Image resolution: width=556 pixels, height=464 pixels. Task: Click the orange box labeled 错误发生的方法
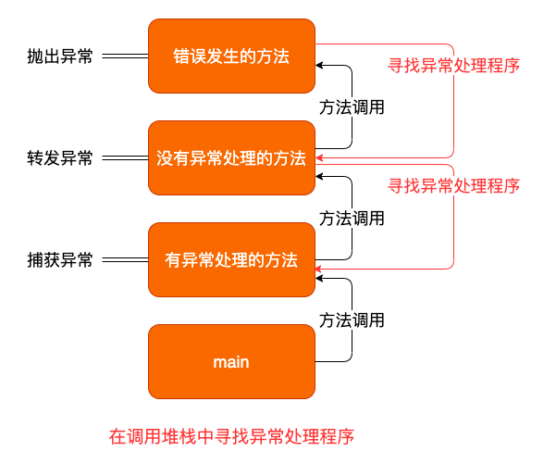231,56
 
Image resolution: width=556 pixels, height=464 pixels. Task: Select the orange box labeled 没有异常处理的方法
231,158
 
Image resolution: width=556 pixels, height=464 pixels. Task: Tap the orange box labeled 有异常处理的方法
231,260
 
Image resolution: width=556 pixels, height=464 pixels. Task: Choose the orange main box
231,362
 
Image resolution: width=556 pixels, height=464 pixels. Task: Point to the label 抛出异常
60,56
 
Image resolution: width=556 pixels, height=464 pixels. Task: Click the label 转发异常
60,158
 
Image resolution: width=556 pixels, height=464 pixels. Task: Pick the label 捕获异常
60,260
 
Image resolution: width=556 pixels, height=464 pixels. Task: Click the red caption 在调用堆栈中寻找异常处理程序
231,435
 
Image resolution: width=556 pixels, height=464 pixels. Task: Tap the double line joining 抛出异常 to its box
125,56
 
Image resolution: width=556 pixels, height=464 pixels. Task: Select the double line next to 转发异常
125,158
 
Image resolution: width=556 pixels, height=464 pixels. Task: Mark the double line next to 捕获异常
125,260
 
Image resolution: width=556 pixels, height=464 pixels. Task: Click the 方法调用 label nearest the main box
352,320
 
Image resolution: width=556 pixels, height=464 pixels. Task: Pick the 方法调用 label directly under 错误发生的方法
352,107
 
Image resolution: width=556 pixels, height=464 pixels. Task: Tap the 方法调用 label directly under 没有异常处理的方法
352,219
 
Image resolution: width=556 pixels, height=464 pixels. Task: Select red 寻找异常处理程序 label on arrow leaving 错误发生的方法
453,66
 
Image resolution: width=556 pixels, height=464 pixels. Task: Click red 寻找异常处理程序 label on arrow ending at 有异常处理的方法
453,185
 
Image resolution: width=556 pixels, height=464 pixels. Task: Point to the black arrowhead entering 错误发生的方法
320,66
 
